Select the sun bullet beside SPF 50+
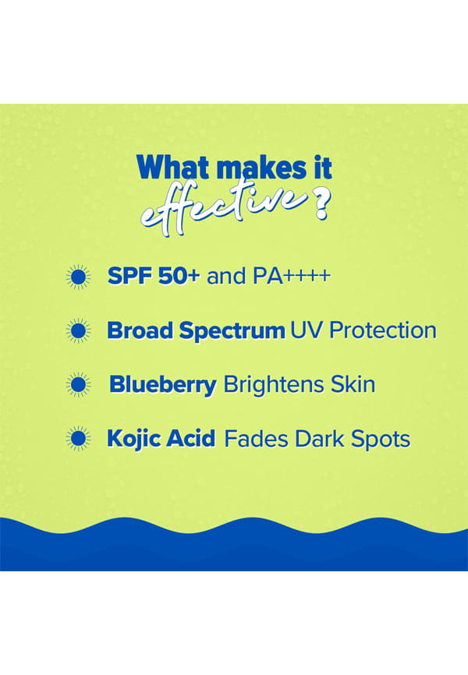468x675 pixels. pyautogui.click(x=79, y=277)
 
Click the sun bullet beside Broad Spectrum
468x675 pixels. pyautogui.click(x=79, y=331)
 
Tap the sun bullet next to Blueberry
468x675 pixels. pyautogui.click(x=79, y=384)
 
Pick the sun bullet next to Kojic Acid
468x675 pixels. pyautogui.click(x=79, y=439)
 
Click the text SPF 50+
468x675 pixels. pyautogui.click(x=154, y=276)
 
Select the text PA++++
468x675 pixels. pyautogui.click(x=292, y=276)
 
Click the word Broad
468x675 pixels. pyautogui.click(x=140, y=330)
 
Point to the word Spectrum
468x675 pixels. pyautogui.click(x=232, y=331)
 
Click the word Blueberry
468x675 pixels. pyautogui.click(x=163, y=385)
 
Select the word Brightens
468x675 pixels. pyautogui.click(x=274, y=385)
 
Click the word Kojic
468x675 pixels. pyautogui.click(x=134, y=439)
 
